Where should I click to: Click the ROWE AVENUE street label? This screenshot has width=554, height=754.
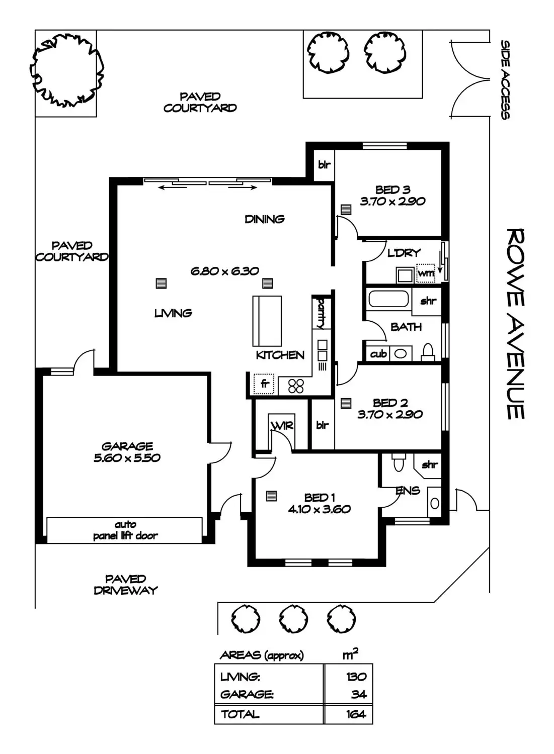(516, 324)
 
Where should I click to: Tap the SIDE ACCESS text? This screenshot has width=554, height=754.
(505, 80)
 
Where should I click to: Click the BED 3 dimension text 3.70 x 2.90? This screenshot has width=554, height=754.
(392, 201)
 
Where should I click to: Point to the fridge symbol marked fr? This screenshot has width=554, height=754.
(264, 384)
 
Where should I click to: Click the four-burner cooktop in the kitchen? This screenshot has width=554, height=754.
(296, 386)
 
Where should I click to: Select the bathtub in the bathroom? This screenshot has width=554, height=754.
(388, 300)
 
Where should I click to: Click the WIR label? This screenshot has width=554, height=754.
(282, 426)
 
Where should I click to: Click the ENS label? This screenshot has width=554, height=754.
(408, 491)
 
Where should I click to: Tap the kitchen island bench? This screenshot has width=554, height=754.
(267, 319)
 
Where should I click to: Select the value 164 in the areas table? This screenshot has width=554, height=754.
(356, 714)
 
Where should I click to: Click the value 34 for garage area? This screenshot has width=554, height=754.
(359, 695)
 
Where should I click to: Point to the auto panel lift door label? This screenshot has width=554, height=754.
(125, 530)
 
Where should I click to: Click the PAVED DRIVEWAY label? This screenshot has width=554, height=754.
(126, 585)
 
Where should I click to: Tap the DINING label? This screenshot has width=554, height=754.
(264, 219)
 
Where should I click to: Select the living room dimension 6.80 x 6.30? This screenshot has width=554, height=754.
(224, 271)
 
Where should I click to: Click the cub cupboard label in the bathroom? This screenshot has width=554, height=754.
(378, 354)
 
